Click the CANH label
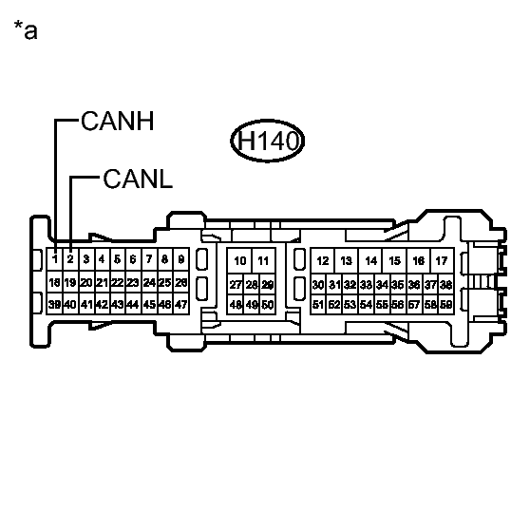pos(119,123)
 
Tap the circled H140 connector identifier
pos(267,143)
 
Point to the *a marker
pos(26,31)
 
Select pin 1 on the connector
pos(55,259)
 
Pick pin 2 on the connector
pos(70,259)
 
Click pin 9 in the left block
pos(180,259)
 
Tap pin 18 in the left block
pos(55,283)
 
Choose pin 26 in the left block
pos(180,283)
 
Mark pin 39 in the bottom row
pos(55,304)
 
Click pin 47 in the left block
pos(180,304)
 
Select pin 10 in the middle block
pos(240,261)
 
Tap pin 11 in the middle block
pos(263,261)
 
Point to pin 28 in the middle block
pos(252,284)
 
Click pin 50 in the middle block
pos(268,304)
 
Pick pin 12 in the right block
pos(323,261)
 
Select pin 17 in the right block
pos(441,261)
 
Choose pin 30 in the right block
pos(318,284)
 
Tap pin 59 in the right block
pos(446,304)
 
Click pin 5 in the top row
pos(117,259)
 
